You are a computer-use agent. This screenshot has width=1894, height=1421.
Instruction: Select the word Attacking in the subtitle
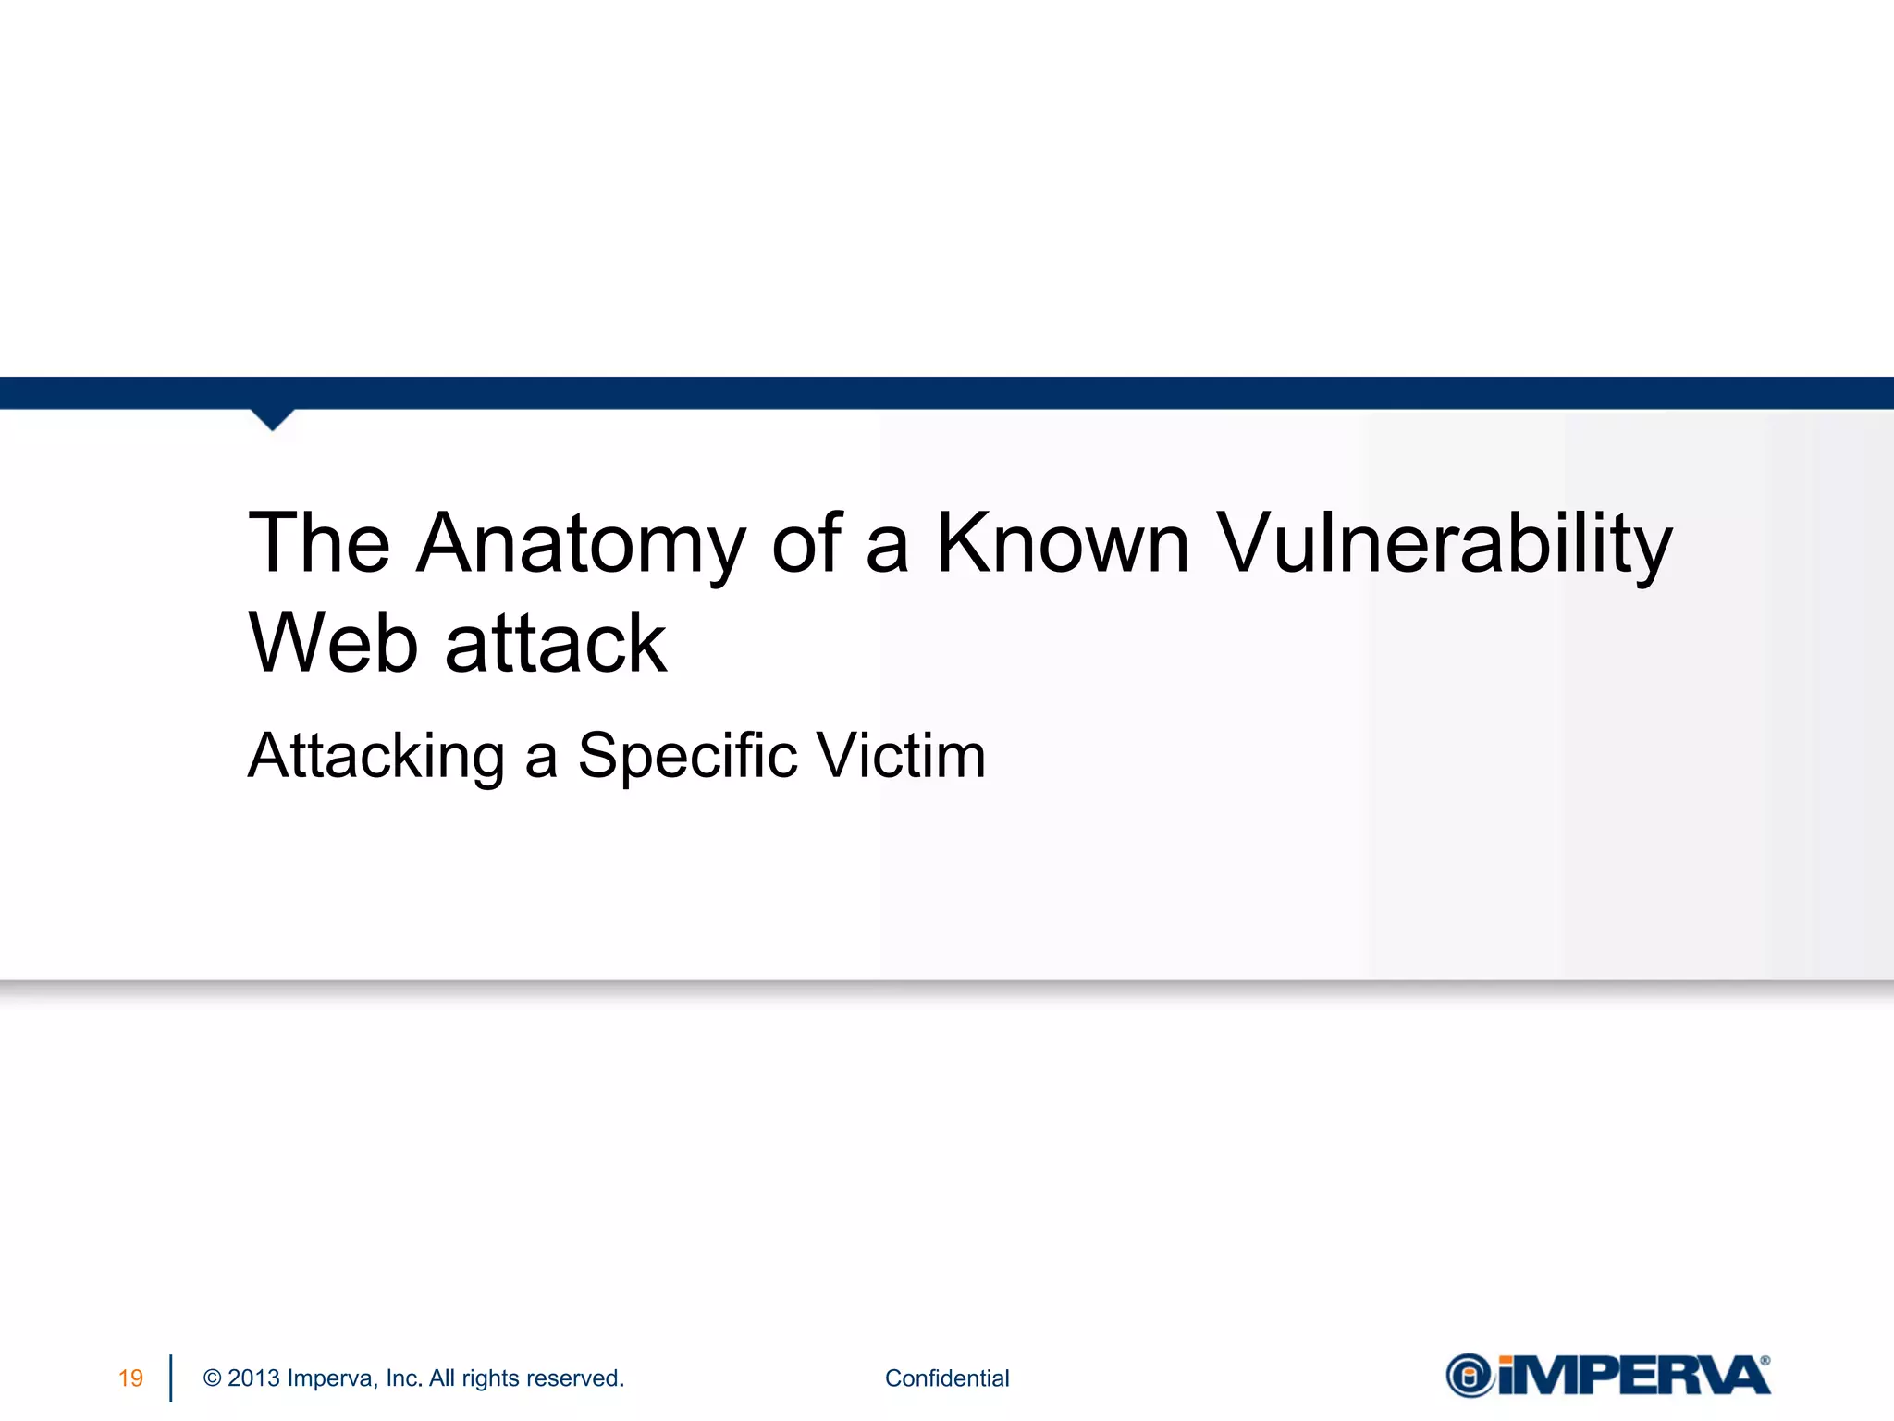pos(375,757)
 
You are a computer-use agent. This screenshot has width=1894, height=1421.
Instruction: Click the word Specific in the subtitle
pos(687,757)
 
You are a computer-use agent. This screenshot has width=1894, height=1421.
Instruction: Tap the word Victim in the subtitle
pos(902,757)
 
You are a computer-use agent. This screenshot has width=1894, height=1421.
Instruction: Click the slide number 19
pos(130,1378)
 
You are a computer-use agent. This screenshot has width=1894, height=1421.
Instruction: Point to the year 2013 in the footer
pos(253,1378)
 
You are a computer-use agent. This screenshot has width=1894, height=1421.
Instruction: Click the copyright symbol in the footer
pos(212,1378)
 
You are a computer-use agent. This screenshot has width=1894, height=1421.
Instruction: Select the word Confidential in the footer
pos(947,1378)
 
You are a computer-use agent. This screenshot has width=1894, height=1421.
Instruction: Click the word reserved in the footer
pos(583,1378)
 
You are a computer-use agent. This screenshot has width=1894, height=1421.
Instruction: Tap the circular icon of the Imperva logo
pos(1470,1376)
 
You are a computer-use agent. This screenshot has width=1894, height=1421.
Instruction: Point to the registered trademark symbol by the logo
pos(1765,1361)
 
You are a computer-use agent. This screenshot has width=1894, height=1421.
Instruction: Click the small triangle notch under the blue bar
pos(272,419)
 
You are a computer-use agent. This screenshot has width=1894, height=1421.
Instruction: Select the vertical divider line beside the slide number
pos(171,1378)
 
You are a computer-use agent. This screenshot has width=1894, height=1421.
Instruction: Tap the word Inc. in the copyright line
pos(404,1378)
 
